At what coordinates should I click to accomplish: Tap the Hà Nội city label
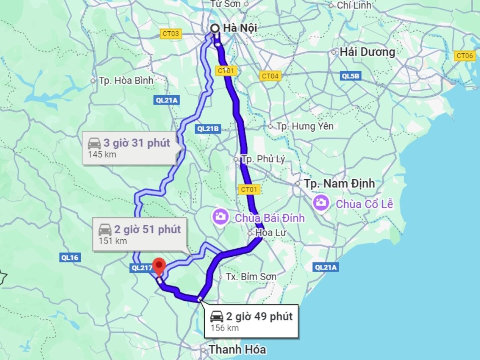pos(240,28)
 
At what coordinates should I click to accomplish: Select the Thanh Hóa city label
pos(237,349)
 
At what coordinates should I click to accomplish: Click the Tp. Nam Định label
pos(339,184)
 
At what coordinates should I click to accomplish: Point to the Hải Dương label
pos(367,52)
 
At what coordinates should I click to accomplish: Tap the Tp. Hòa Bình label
pos(126,80)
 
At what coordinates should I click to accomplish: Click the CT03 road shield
pos(171,34)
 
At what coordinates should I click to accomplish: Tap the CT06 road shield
pos(465,56)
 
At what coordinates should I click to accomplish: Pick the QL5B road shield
pos(351,76)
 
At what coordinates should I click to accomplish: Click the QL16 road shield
pos(70,258)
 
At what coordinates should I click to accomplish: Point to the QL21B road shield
pos(208,129)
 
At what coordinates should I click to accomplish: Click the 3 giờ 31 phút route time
pos(137,143)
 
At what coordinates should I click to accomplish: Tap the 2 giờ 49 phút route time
pos(259,316)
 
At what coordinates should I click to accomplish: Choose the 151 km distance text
pos(113,241)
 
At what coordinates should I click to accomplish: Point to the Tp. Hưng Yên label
pos(305,126)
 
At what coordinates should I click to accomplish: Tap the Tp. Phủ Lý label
pos(263,159)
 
